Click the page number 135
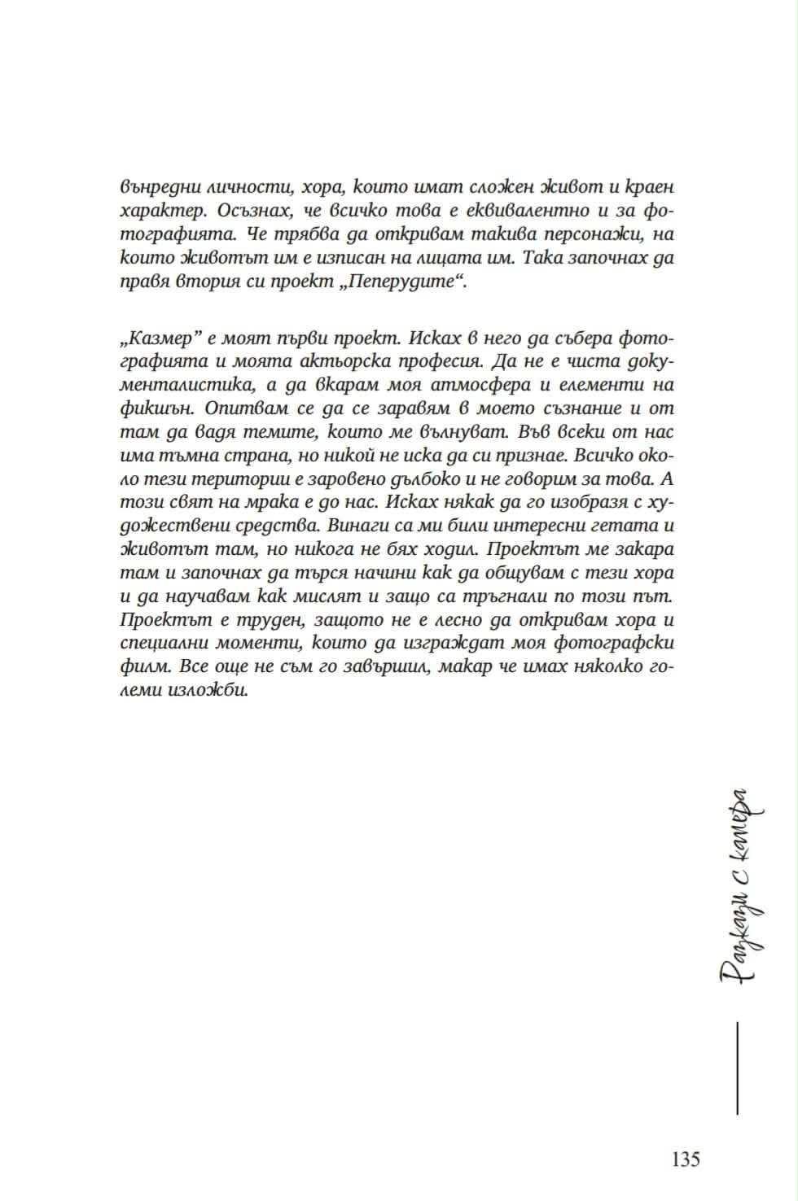(x=685, y=1159)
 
